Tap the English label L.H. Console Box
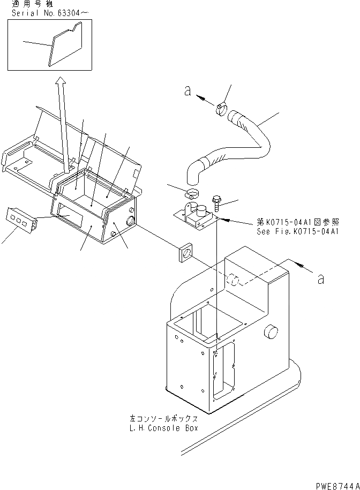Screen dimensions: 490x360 pyautogui.click(x=163, y=428)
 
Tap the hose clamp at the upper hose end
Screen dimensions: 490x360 pyautogui.click(x=222, y=110)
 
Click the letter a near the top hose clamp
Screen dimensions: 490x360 pyautogui.click(x=187, y=92)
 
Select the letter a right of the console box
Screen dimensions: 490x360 pyautogui.click(x=320, y=278)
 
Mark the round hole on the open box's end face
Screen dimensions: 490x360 pyautogui.click(x=130, y=221)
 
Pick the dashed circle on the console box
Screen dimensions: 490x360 pyautogui.click(x=231, y=279)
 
